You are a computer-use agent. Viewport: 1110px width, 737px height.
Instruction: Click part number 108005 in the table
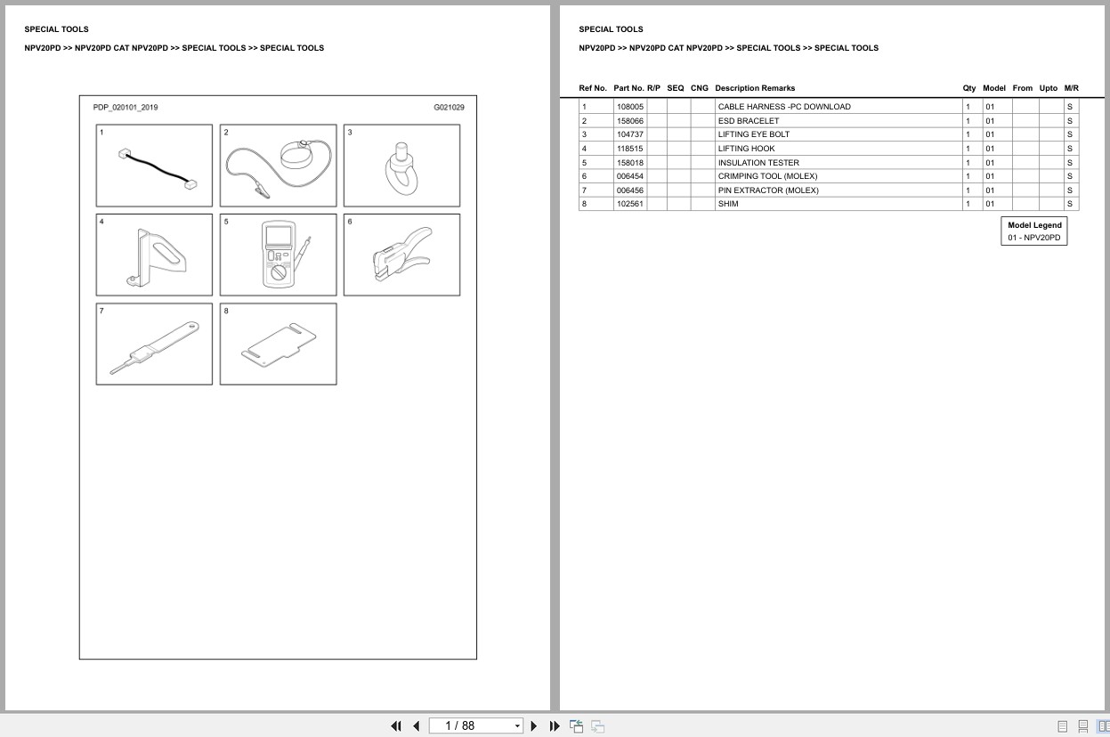point(630,107)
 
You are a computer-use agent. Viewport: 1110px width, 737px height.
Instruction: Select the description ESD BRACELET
point(749,120)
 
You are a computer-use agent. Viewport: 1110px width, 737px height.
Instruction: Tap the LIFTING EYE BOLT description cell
point(754,134)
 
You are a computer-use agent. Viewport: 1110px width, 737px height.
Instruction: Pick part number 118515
point(630,148)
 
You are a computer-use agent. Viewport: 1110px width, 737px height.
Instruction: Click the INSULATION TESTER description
point(758,163)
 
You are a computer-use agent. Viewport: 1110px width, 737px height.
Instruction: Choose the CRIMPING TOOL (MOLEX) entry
point(767,176)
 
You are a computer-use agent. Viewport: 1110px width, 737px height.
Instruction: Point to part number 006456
point(630,190)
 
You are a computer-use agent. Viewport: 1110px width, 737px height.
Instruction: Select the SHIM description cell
point(728,204)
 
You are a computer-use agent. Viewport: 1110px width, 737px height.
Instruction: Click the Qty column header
point(968,88)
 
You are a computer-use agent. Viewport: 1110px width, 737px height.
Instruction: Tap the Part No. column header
point(628,88)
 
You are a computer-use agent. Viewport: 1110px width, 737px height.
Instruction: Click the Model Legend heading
point(1034,225)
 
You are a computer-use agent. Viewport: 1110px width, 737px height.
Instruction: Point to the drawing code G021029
point(449,107)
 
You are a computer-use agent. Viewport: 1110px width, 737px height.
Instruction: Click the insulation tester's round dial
point(279,272)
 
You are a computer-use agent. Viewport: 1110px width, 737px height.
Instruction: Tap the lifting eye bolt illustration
point(401,169)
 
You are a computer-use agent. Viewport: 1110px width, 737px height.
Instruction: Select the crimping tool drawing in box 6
point(401,254)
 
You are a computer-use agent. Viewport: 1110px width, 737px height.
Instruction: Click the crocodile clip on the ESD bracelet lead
point(262,190)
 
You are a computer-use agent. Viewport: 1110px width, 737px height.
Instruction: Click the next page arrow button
point(534,726)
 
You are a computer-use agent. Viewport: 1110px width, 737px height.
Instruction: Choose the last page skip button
point(555,726)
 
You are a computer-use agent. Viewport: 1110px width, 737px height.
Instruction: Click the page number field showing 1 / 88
point(475,726)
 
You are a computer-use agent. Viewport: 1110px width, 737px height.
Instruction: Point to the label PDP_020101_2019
point(126,107)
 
